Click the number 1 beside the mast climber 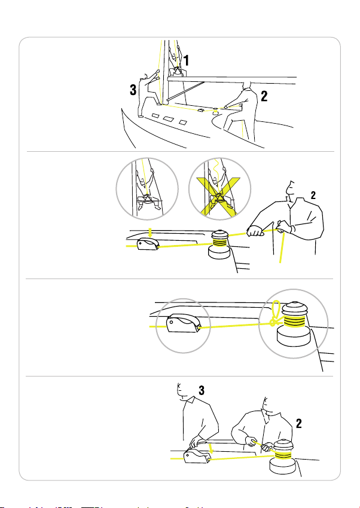click(187, 60)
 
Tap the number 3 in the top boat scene click(134, 90)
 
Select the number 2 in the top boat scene click(264, 94)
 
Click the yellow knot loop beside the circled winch click(275, 313)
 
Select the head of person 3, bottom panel click(185, 391)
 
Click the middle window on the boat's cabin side click(169, 120)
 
